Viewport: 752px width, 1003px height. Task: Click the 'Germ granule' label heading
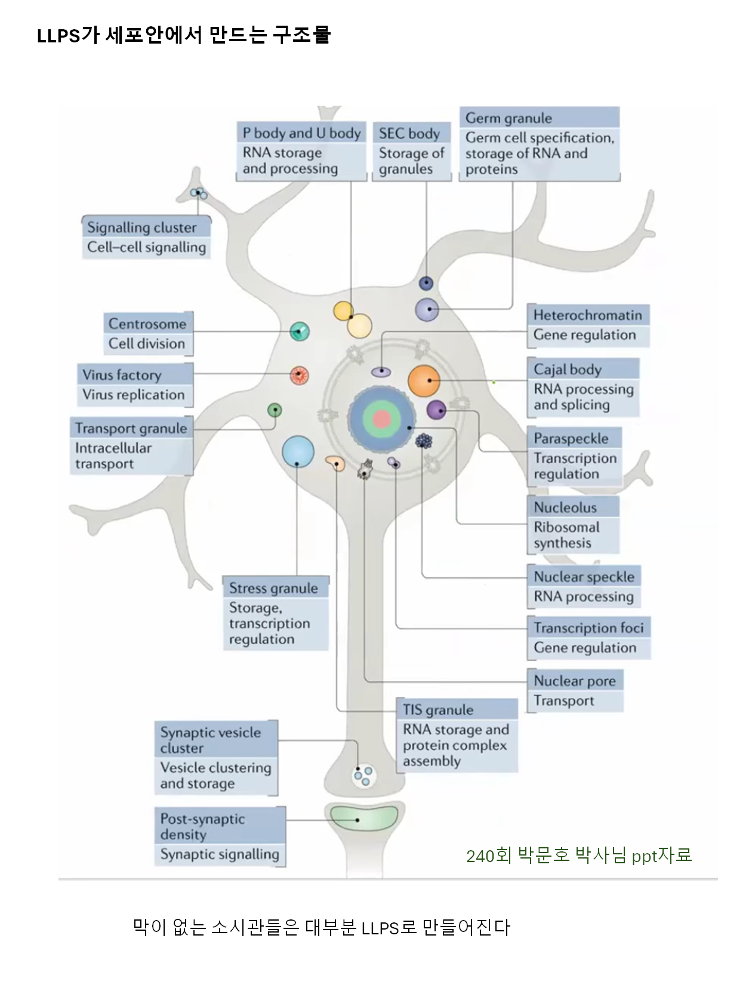click(x=508, y=118)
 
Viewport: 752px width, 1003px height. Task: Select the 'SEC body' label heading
click(x=409, y=133)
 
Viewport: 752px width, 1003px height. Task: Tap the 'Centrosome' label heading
click(x=147, y=324)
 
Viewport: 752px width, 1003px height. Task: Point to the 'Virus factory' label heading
click(x=122, y=375)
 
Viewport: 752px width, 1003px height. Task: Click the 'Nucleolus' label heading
click(x=565, y=507)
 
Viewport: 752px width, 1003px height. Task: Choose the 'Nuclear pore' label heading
click(x=575, y=681)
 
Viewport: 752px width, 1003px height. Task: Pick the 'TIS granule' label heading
click(x=438, y=710)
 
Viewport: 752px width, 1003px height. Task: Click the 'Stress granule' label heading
click(x=273, y=588)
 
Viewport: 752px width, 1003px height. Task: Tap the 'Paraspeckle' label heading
click(x=571, y=438)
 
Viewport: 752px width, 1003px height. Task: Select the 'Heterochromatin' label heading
click(x=588, y=315)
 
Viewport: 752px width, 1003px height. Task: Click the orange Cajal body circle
click(x=424, y=381)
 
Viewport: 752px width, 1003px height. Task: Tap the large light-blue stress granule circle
click(x=298, y=451)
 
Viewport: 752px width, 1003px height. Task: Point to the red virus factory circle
click(x=299, y=376)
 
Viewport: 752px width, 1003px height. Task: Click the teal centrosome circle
click(x=300, y=331)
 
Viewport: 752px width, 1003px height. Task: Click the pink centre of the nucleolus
click(x=381, y=419)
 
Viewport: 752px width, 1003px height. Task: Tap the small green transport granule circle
click(x=275, y=410)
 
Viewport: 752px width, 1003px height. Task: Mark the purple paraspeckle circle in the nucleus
click(x=436, y=410)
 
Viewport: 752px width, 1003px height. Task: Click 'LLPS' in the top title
click(x=58, y=36)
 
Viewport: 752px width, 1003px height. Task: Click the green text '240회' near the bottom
click(x=489, y=856)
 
